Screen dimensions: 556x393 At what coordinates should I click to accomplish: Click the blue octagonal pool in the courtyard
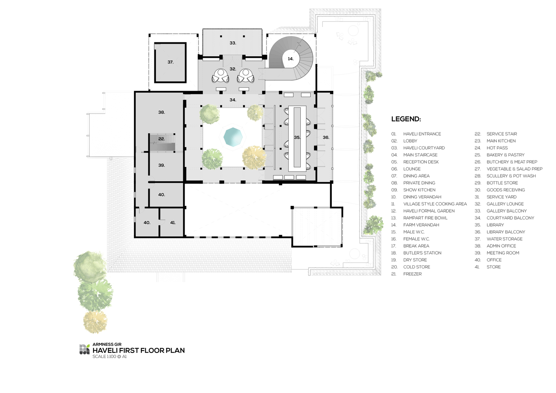233,137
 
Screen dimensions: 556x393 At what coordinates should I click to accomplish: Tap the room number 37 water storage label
170,62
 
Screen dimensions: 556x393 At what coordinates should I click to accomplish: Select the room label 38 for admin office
162,112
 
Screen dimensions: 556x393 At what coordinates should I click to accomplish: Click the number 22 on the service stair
162,139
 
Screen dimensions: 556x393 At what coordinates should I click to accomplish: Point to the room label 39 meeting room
162,165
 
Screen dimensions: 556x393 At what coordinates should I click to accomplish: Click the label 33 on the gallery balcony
233,43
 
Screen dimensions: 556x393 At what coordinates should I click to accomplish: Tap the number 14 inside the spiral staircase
291,59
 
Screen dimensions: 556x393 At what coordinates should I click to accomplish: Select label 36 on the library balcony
326,138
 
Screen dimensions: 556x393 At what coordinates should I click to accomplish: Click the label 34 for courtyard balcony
233,100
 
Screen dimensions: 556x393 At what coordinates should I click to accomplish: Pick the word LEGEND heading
406,119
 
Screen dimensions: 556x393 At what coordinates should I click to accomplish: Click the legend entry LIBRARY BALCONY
506,232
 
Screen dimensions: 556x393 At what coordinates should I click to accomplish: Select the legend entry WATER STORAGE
505,239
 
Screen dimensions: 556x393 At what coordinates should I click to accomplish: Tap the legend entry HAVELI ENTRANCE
422,134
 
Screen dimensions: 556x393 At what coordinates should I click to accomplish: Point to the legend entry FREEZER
413,274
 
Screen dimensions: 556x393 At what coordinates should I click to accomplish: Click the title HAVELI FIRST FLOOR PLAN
139,351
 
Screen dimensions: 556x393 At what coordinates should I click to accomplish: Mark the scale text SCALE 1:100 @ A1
110,356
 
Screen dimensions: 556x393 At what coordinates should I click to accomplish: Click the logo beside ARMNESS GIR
84,349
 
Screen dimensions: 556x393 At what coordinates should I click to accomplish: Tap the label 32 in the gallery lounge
233,69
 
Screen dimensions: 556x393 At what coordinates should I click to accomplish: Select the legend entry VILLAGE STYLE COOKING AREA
435,204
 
